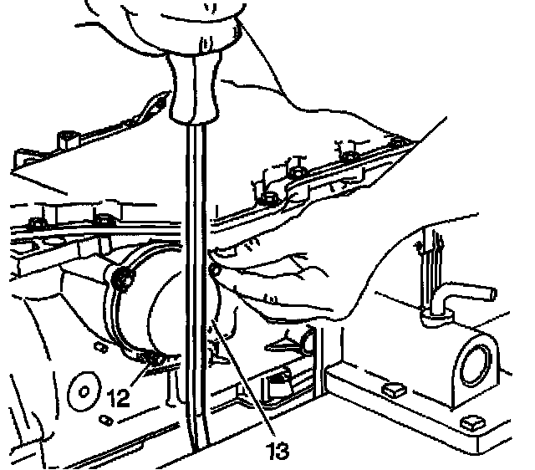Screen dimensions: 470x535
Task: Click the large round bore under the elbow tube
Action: (475, 361)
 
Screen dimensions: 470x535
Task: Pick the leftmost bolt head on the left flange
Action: (36, 222)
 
